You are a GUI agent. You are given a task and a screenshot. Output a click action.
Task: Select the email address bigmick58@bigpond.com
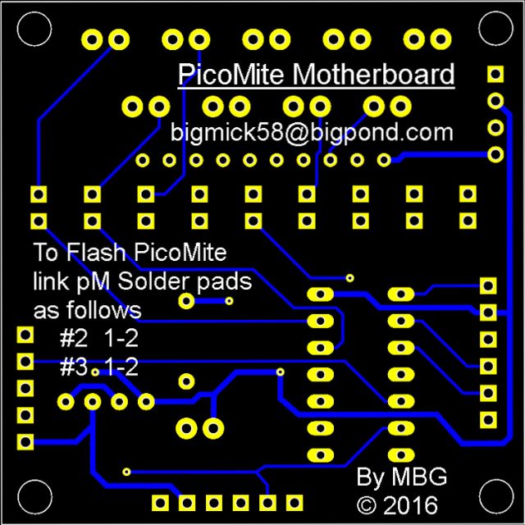(x=312, y=132)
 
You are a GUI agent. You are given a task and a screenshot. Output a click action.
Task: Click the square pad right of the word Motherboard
(x=495, y=75)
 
